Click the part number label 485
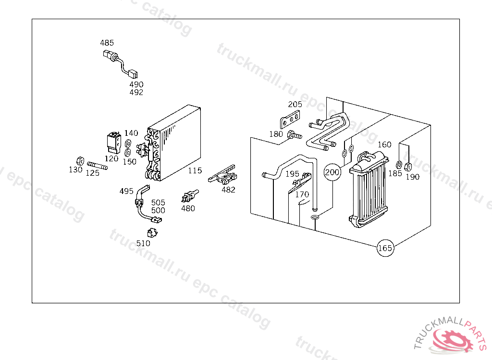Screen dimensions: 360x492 click(107, 43)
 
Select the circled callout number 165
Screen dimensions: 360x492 click(385, 248)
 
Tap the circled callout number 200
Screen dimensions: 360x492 click(332, 172)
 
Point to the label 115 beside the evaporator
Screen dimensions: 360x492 click(195, 170)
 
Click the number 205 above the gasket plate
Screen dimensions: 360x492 click(295, 104)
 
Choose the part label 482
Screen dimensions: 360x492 click(228, 189)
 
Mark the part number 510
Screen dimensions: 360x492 click(143, 243)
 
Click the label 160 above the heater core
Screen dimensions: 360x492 click(384, 144)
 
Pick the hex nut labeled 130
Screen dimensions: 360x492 click(80, 160)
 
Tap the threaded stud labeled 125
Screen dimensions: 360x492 click(98, 166)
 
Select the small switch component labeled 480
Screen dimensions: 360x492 click(188, 197)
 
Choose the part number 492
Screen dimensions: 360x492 click(136, 92)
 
